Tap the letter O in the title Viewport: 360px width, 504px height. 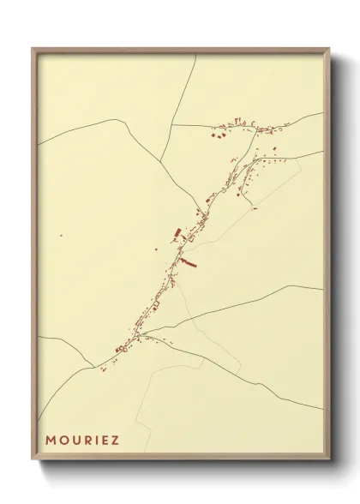(65, 441)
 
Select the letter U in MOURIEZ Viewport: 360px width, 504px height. (78, 441)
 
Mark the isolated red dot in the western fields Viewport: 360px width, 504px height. (61, 234)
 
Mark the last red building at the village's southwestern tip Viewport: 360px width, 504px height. (101, 370)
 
